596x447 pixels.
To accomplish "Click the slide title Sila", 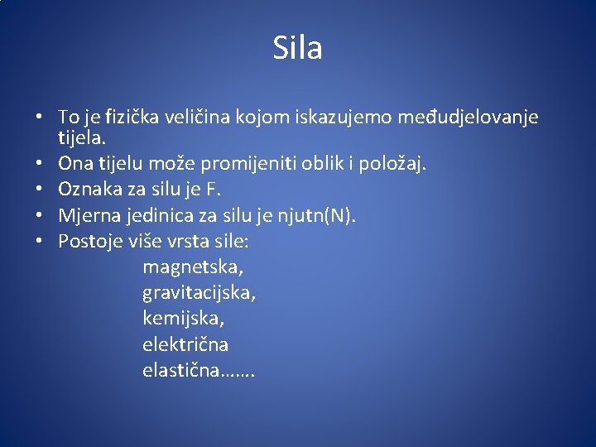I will [x=297, y=48].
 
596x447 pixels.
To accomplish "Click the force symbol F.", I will [x=212, y=190].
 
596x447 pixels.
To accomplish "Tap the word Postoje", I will [x=90, y=242].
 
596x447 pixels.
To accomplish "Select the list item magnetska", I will [x=194, y=268].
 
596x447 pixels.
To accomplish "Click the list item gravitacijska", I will [x=199, y=293].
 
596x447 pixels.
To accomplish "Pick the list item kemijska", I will [x=183, y=318].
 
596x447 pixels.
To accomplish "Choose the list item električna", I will [x=185, y=344].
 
